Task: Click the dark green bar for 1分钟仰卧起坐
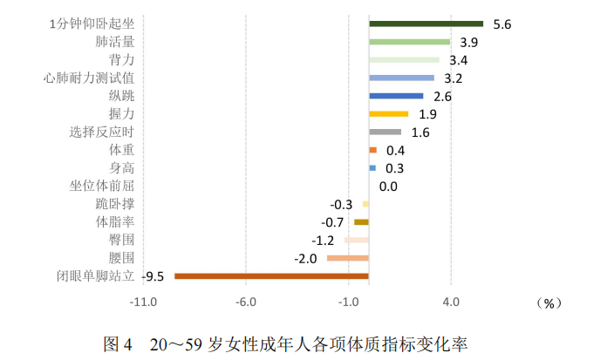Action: tap(426, 24)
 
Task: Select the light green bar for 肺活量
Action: tap(409, 42)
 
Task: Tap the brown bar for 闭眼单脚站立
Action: tap(271, 276)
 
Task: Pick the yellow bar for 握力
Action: tap(389, 114)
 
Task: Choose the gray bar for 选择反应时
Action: tap(385, 132)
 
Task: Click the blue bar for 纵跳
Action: tap(396, 96)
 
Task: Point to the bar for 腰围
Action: tap(348, 258)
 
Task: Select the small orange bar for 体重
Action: tap(372, 150)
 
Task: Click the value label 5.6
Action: tap(501, 24)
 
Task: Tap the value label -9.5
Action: tap(154, 277)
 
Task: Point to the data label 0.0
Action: tap(388, 187)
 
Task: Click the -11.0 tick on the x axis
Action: tap(143, 302)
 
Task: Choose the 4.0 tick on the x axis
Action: tap(451, 302)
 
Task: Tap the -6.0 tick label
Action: tap(246, 302)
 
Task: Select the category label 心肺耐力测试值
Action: tap(89, 78)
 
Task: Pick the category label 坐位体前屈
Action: tap(101, 186)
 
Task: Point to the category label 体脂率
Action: tap(115, 221)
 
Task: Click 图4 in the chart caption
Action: tap(117, 343)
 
